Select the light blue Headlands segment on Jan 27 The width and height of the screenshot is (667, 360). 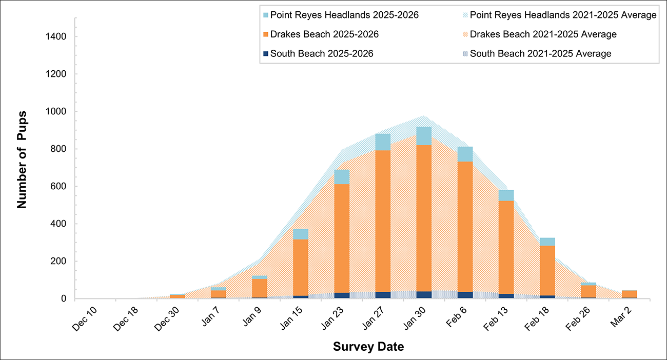point(383,142)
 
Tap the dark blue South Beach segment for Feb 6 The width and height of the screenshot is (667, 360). point(465,295)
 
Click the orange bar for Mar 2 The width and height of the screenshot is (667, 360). point(629,294)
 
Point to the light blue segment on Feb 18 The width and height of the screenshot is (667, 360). point(547,242)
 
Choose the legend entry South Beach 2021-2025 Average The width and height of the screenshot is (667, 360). point(540,53)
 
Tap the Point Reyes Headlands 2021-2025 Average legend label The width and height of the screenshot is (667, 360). point(563,15)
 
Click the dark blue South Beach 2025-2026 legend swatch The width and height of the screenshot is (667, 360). point(265,53)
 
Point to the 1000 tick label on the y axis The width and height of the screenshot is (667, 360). point(54,112)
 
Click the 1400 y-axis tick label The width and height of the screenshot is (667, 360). point(54,37)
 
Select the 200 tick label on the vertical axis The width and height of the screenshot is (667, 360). point(57,262)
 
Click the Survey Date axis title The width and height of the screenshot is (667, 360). point(368,347)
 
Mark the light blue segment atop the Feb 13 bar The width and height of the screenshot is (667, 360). point(506,195)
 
